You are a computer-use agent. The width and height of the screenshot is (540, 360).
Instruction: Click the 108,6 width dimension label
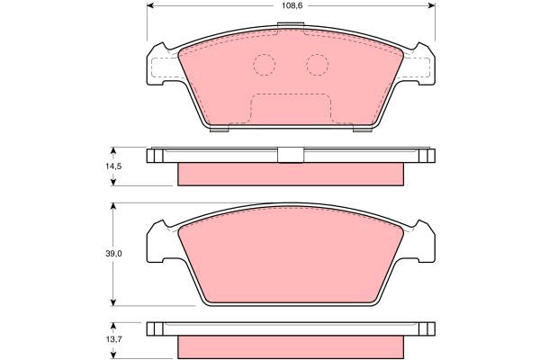pyautogui.click(x=292, y=6)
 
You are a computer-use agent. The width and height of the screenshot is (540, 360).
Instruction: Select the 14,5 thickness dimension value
pyautogui.click(x=113, y=166)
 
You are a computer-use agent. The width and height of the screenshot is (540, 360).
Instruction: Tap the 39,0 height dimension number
pyautogui.click(x=113, y=254)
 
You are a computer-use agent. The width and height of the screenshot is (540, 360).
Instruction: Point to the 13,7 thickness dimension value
pyautogui.click(x=113, y=339)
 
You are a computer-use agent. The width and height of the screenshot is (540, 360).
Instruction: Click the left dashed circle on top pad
pyautogui.click(x=264, y=65)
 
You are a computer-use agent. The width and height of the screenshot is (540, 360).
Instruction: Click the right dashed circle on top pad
pyautogui.click(x=317, y=65)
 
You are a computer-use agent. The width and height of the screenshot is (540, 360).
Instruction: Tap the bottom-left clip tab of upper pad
pyautogui.click(x=220, y=130)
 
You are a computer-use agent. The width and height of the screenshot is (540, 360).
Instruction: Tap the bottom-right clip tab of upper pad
pyautogui.click(x=363, y=130)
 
